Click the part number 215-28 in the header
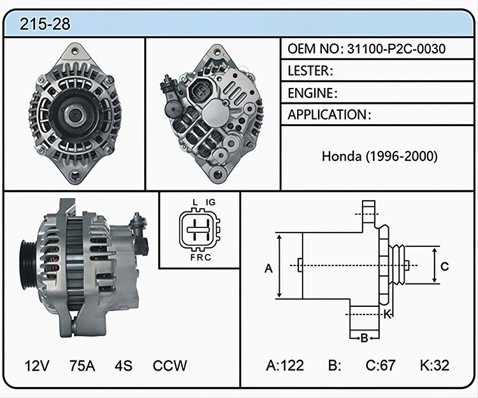coord(45,24)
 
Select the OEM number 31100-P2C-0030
coord(396,49)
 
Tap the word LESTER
coord(308,71)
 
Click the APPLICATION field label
coord(328,115)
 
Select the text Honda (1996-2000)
coord(380,156)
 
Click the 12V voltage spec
coord(37,366)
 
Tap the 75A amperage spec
coord(82,366)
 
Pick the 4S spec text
coord(124,366)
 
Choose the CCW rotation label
coord(170,366)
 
